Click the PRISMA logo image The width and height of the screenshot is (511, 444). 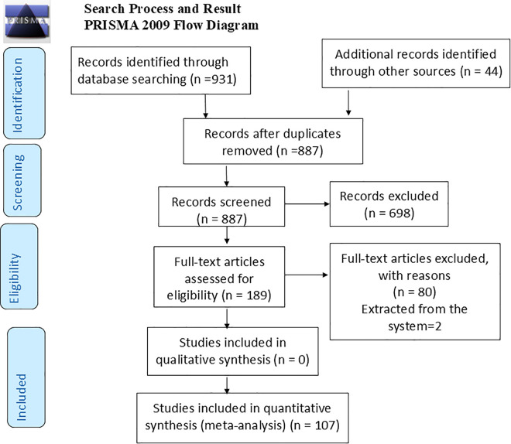(x=27, y=22)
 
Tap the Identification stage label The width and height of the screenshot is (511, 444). (x=24, y=93)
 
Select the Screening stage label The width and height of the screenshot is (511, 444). (x=22, y=180)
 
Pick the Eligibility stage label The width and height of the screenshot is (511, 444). (x=19, y=266)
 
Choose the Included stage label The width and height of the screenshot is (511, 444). (x=26, y=377)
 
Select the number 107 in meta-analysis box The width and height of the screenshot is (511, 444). (x=325, y=425)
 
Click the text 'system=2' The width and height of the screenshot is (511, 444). (x=414, y=326)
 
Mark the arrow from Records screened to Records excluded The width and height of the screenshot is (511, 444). (x=307, y=204)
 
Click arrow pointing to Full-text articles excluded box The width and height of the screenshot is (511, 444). (x=307, y=275)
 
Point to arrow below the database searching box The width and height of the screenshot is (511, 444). (x=205, y=106)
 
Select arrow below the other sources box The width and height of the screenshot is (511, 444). (x=348, y=103)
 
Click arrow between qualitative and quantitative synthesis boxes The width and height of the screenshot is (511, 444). (x=227, y=385)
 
